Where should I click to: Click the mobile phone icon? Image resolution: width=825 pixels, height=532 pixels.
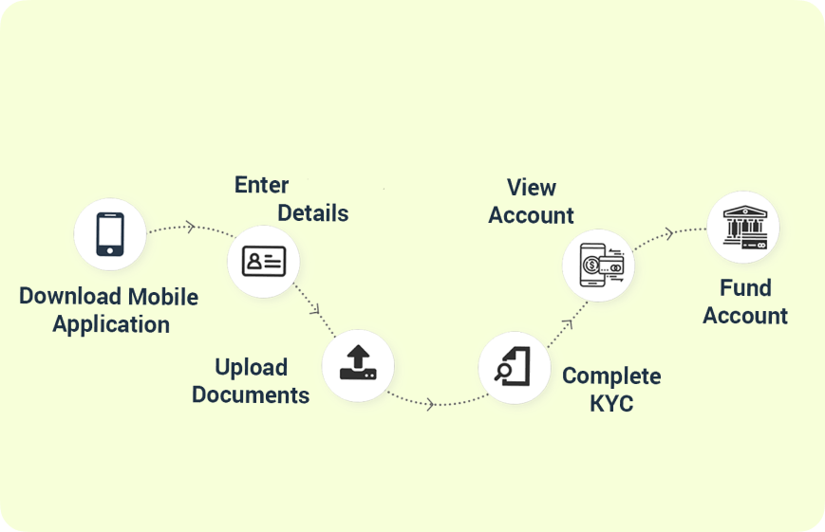point(110,234)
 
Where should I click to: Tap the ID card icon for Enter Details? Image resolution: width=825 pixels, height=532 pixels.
point(263,262)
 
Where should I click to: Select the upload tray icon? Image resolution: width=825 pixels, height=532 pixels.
point(357,363)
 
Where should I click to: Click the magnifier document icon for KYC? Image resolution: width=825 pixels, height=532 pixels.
point(514,366)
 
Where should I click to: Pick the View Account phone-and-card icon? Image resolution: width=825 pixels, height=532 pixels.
point(598,265)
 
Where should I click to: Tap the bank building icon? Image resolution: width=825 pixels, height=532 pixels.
point(743,228)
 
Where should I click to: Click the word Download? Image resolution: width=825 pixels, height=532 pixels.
point(65,297)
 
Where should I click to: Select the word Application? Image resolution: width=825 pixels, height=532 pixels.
point(111,324)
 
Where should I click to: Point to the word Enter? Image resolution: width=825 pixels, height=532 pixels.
point(261,185)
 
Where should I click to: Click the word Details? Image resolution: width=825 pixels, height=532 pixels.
point(312,213)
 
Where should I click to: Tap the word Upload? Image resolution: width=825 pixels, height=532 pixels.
point(251,367)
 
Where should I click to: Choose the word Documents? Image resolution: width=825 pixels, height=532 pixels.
point(251,394)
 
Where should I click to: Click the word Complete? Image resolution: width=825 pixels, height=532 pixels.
point(611,376)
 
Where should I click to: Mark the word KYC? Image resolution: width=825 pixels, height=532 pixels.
point(611,404)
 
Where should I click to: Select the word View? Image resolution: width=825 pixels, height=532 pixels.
point(532,188)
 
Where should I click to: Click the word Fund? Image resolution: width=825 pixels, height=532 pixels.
point(745,288)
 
